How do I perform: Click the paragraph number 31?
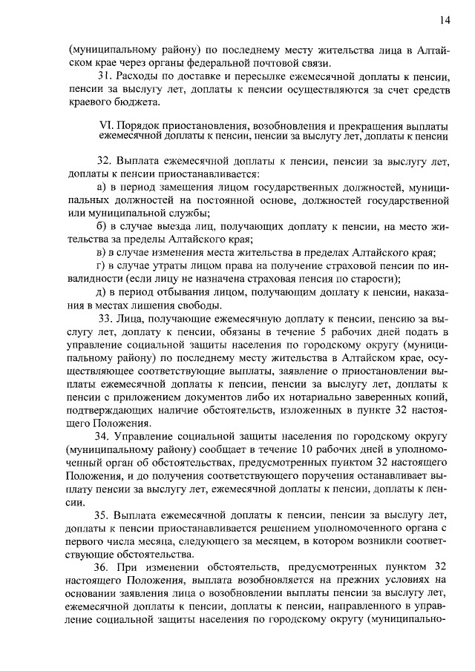pos(103,76)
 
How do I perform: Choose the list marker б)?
pos(102,226)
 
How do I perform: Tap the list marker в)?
pos(102,253)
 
